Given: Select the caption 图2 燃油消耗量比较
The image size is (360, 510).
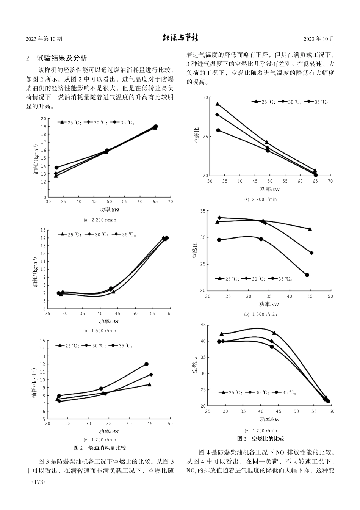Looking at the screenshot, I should click(100, 448).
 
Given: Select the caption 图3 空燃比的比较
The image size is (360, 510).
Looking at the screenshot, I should click(260, 439).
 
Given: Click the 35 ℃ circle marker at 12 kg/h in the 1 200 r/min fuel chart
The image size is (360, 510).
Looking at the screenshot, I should click(146, 364).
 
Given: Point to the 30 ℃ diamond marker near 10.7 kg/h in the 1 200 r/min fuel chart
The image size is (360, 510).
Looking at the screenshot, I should click(151, 374).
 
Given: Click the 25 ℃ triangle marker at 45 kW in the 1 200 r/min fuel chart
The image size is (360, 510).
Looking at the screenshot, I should click(149, 384).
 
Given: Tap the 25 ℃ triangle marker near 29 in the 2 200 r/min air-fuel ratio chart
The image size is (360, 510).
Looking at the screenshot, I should click(218, 104).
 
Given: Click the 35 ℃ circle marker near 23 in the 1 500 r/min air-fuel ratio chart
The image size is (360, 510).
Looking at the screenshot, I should click(307, 275).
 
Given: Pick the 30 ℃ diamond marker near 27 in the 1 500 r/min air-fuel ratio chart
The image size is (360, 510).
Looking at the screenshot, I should click(311, 253).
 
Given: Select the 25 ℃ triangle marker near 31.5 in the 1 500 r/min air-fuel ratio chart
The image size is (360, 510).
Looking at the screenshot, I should click(310, 229).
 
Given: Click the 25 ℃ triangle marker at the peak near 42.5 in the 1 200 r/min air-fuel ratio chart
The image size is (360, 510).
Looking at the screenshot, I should click(274, 333).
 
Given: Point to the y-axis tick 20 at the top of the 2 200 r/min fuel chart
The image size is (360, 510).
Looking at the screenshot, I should click(44, 119).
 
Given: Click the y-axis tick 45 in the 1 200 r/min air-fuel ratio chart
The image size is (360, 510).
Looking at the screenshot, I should click(203, 325).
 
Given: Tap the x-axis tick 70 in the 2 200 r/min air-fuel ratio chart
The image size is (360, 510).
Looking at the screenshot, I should click(330, 181).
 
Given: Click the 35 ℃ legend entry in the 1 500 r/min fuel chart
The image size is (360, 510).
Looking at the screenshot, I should click(125, 235).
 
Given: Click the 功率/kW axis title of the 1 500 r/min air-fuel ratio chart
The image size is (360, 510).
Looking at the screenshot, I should click(269, 304).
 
